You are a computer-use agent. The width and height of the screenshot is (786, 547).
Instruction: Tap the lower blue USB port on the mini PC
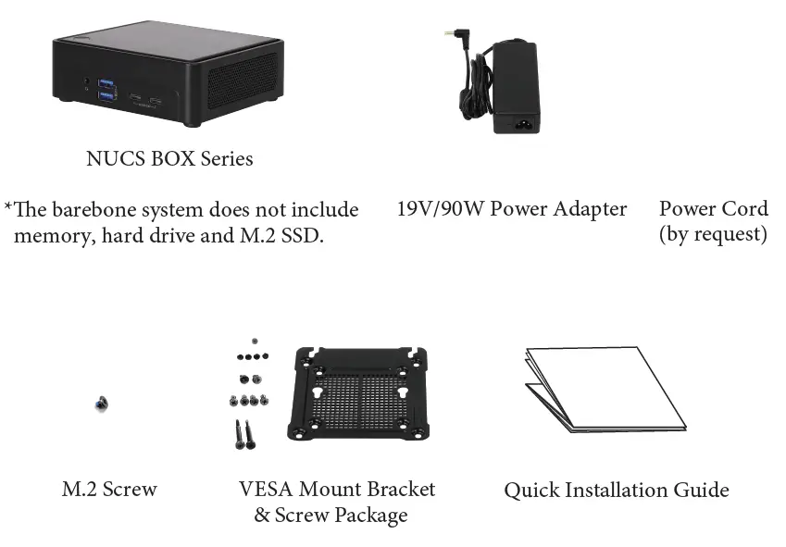pos(108,94)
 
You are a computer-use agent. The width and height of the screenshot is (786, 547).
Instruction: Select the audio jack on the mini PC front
pos(87,84)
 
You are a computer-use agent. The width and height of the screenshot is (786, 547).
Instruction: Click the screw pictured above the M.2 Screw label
pos(101,404)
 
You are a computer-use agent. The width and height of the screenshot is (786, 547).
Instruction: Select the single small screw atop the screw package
pos(254,341)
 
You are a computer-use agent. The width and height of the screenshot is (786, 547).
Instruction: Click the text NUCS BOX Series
pos(169,158)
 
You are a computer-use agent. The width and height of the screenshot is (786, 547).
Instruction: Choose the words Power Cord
pos(713,208)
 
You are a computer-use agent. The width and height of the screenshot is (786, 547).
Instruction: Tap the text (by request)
pos(713,234)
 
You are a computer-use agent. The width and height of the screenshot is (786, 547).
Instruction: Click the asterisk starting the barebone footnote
pos(8,207)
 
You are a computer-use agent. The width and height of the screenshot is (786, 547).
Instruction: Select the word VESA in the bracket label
pos(267,489)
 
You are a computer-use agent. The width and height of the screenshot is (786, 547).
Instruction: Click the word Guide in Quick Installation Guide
pos(702,491)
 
